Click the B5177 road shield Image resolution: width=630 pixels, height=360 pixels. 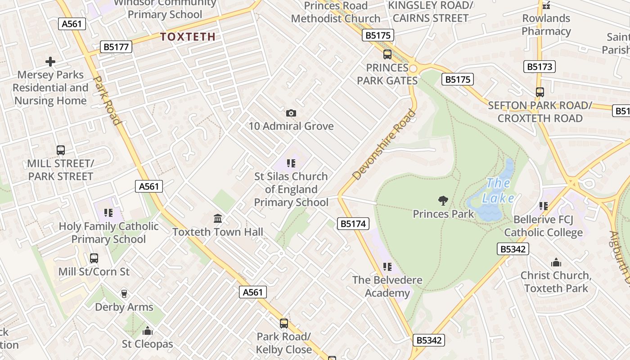point(116,46)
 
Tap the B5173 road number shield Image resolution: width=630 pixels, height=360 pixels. point(539,67)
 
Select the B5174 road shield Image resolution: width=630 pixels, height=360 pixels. point(353,224)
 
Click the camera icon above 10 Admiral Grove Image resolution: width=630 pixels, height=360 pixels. point(291,113)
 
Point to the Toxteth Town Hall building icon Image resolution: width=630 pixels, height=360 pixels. point(218,219)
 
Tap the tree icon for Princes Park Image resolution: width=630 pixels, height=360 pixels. point(443,200)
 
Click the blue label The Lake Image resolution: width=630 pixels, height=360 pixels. point(498,190)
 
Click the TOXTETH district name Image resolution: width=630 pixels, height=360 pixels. point(188,37)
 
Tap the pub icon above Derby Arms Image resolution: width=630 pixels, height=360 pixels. point(124,294)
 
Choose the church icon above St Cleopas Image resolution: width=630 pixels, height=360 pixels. point(147,331)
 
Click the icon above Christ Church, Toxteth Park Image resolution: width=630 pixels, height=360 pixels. point(556,262)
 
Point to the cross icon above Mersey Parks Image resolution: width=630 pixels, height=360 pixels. point(50,62)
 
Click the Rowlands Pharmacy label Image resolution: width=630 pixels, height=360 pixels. point(546,25)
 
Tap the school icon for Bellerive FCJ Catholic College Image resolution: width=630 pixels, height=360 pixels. point(543,206)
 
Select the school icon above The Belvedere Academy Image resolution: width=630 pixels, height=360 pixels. point(387,267)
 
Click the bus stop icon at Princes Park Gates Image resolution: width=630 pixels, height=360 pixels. point(387,54)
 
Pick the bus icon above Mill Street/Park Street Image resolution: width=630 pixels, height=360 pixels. point(60,150)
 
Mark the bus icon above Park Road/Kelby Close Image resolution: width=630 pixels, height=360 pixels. point(283,323)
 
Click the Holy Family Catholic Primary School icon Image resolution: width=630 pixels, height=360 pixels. point(108,212)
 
